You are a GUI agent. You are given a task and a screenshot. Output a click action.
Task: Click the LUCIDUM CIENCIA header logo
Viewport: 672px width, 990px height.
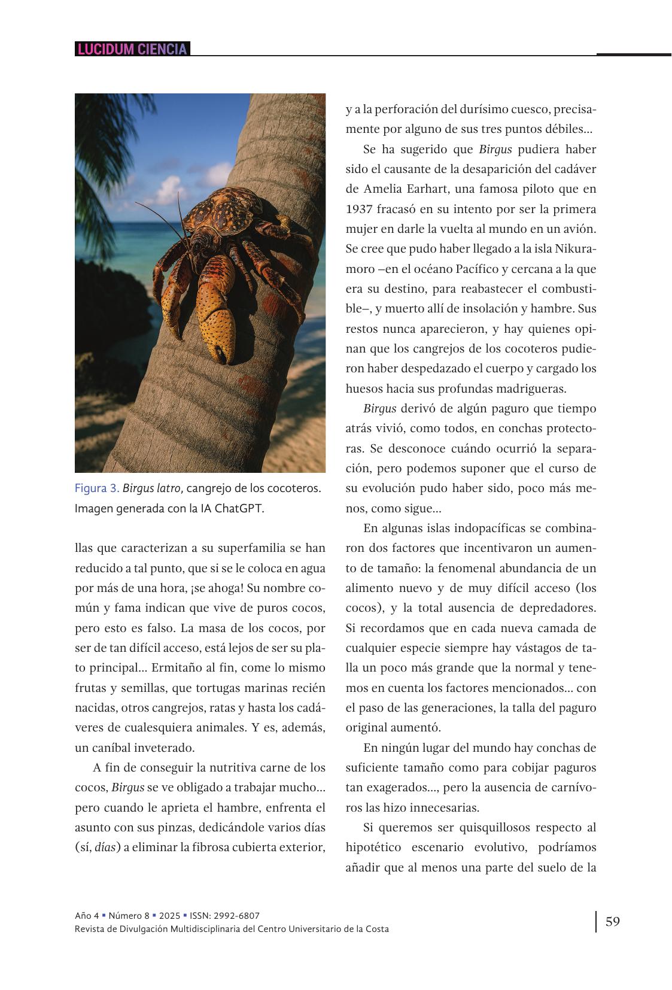point(132,49)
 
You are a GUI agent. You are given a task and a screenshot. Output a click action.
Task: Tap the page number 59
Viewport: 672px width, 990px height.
point(612,921)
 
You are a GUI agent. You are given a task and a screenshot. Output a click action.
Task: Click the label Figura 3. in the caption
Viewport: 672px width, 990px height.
point(96,488)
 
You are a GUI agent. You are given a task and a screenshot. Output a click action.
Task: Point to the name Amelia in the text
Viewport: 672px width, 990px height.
point(382,189)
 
